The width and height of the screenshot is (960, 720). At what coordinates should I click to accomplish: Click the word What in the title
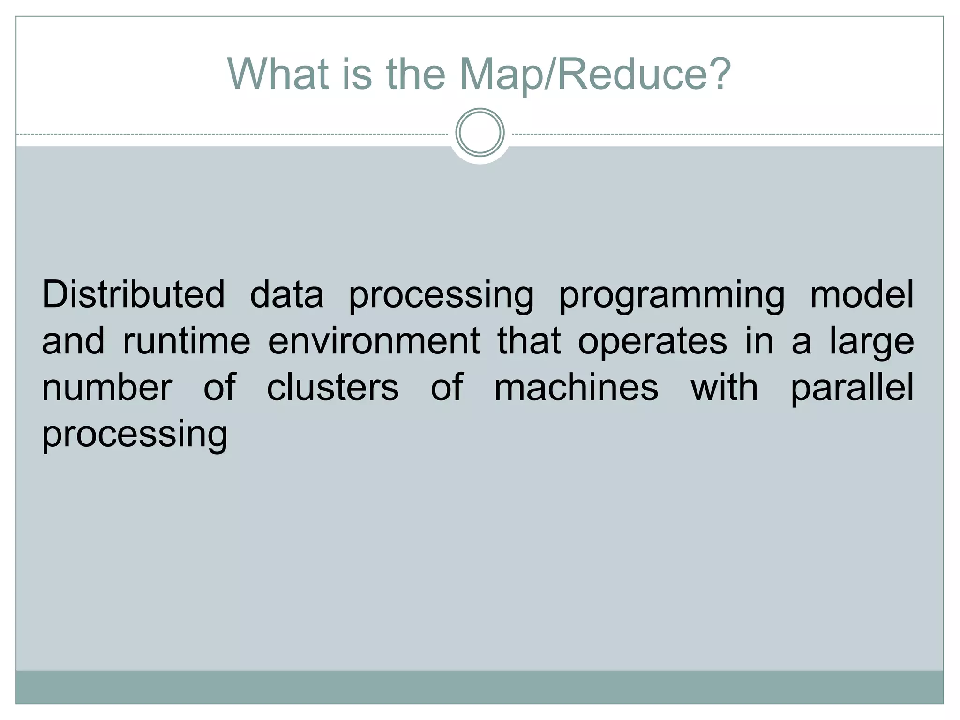click(277, 74)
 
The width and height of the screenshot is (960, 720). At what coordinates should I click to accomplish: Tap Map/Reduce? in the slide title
click(595, 74)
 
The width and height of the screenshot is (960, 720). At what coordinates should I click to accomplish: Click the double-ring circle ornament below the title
click(480, 133)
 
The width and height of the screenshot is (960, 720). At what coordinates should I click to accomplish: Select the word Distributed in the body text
click(134, 294)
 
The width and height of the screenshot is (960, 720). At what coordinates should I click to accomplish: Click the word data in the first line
click(286, 294)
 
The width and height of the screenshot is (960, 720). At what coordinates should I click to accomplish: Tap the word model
click(862, 294)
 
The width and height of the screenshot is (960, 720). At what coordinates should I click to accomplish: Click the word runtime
click(187, 341)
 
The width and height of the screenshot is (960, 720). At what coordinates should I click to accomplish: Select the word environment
click(374, 341)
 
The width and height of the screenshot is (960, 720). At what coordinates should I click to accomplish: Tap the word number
click(107, 387)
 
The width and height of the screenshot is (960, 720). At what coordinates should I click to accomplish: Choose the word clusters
click(333, 387)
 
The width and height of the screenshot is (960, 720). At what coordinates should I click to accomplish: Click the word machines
click(576, 387)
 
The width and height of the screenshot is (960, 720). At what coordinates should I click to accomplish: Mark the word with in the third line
click(724, 387)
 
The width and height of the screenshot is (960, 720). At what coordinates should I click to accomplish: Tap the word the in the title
click(416, 74)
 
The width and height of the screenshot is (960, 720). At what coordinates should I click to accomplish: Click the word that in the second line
click(529, 341)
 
